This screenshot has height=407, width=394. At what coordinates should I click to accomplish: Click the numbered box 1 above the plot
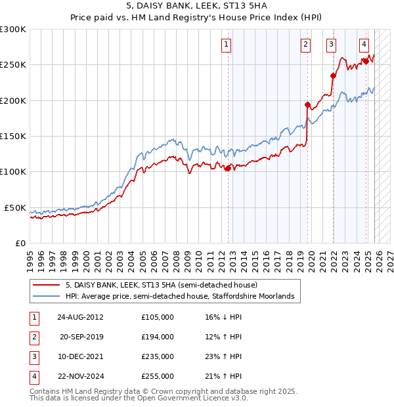pos(227,45)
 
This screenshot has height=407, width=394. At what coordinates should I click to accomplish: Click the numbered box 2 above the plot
pos(306,45)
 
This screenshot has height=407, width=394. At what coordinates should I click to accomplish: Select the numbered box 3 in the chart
pos(331,45)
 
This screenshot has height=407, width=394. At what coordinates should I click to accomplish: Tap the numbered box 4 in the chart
pos(364,45)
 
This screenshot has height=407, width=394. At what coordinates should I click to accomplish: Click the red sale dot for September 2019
pos(307,104)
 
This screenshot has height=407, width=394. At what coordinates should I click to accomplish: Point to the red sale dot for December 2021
pos(333,75)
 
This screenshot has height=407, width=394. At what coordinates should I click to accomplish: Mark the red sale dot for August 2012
pos(228,168)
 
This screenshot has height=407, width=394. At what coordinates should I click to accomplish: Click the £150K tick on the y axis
pos(13,136)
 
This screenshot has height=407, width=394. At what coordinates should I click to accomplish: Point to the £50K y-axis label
pos(15,207)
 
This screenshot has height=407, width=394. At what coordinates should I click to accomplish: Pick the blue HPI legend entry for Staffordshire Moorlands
pos(183,297)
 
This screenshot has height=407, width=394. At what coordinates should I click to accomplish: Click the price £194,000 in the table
pos(157,337)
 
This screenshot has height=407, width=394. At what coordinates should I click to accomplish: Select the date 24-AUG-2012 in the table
pos(80,317)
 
